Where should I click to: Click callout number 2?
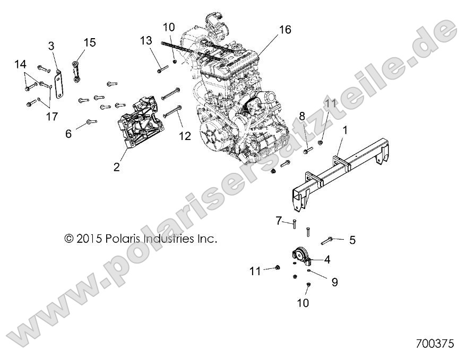coord(116,168)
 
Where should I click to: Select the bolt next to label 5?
coord(330,240)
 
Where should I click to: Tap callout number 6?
coord(68,134)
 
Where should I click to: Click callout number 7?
coord(279,220)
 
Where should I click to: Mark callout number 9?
coord(334,283)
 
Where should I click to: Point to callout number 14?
coord(20,64)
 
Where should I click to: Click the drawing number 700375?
coord(435,344)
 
